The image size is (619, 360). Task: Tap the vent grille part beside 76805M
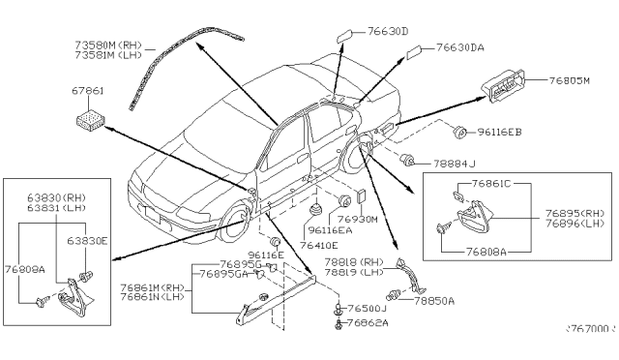pyautogui.click(x=507, y=89)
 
